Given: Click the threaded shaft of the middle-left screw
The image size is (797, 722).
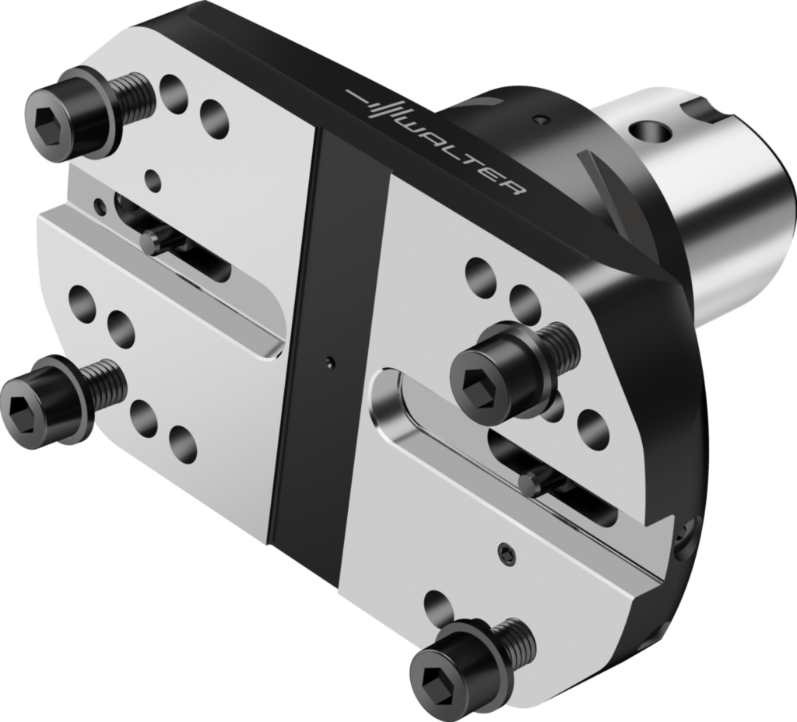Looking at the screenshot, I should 104,383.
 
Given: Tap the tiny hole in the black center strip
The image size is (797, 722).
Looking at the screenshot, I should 331,361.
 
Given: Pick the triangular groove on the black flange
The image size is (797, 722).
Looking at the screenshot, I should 611,195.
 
